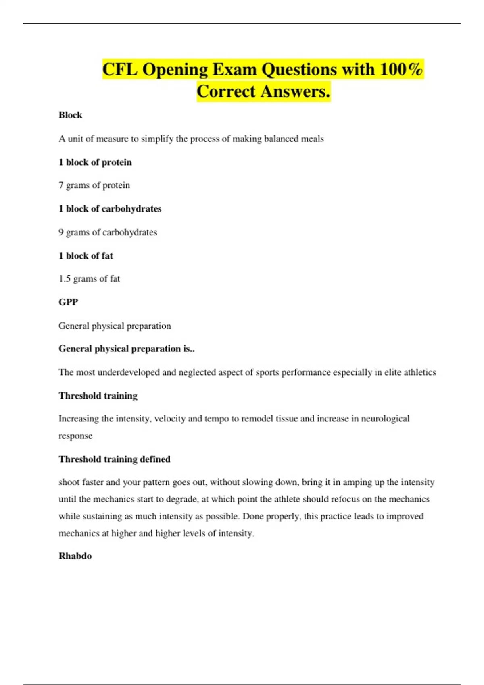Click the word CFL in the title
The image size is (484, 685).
point(120,69)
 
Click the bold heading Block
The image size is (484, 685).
point(70,115)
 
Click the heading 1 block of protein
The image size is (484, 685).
point(95,162)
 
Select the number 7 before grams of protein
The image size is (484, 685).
point(61,185)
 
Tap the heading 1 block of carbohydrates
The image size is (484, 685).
point(110,209)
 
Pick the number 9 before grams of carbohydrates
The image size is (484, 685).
point(61,232)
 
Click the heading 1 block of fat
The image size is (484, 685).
point(86,256)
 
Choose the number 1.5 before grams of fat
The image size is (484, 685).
point(65,279)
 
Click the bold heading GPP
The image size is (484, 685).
point(68,302)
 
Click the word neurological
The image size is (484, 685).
point(385,419)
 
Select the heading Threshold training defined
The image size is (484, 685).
point(115,459)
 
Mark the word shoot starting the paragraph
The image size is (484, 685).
point(69,482)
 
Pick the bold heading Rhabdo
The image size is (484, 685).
point(75,556)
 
